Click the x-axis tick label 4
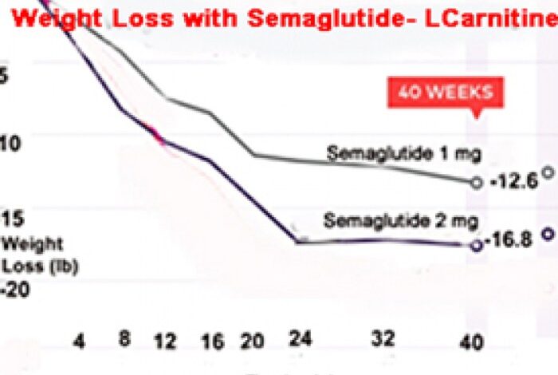[78, 340]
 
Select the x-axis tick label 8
[125, 337]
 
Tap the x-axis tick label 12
[165, 341]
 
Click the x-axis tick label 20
[252, 341]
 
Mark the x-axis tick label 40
[471, 343]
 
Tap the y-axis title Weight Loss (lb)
[40, 255]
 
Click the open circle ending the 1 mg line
[477, 182]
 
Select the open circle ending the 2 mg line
[477, 246]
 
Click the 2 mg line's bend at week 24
[297, 240]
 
